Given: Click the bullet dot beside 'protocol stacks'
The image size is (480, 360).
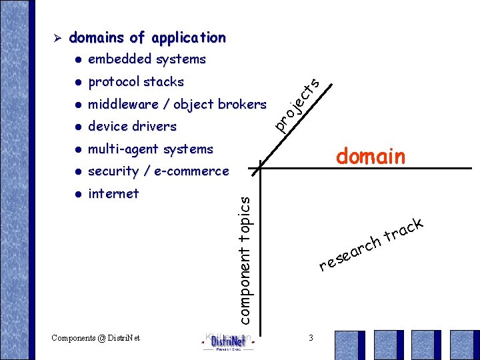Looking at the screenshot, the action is (x=78, y=83).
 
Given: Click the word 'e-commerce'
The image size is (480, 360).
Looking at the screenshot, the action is (x=191, y=172).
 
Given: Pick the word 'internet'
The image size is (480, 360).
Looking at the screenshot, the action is (x=113, y=194).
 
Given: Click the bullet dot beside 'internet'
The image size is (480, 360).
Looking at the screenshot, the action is (x=78, y=195).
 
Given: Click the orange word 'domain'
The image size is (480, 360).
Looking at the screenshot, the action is (x=370, y=157).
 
